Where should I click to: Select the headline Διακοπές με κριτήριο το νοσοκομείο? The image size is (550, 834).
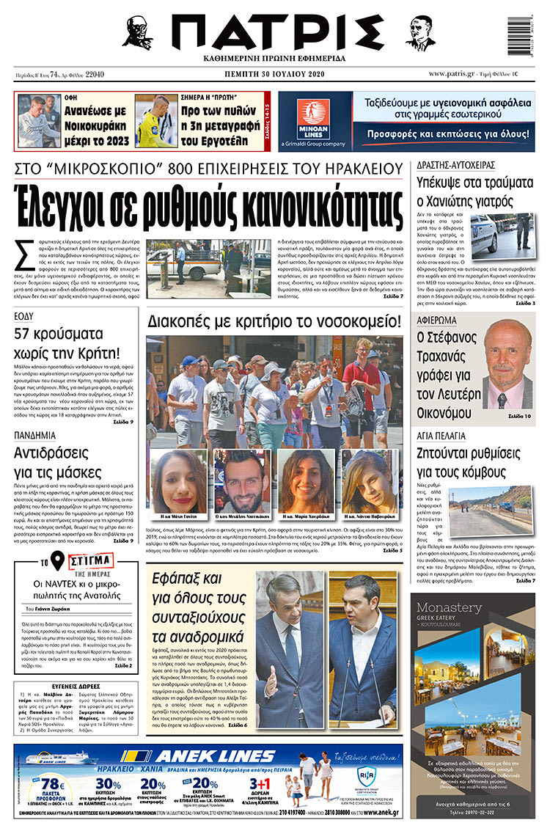point(274,321)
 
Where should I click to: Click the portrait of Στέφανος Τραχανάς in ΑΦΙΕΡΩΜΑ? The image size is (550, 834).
point(507,363)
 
